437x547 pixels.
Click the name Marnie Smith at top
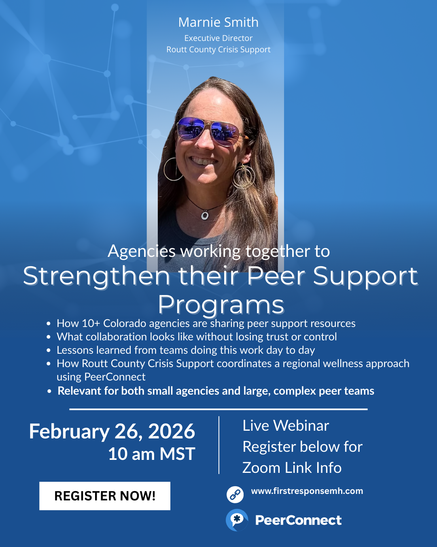[218, 22]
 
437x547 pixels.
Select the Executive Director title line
[218, 38]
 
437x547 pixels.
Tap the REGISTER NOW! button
[105, 496]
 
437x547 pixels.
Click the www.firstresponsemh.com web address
[307, 491]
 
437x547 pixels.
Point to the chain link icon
[235, 494]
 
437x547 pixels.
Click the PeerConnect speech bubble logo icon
[237, 520]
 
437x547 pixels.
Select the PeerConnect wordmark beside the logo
[298, 520]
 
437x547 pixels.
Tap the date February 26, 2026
[112, 432]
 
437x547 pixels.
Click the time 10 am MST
[152, 454]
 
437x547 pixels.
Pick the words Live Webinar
[286, 425]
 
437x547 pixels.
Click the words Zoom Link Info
[292, 468]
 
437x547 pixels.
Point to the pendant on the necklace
[205, 216]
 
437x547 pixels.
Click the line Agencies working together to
[218, 251]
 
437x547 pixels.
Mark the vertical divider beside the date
[219, 445]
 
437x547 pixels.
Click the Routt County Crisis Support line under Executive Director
[218, 49]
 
